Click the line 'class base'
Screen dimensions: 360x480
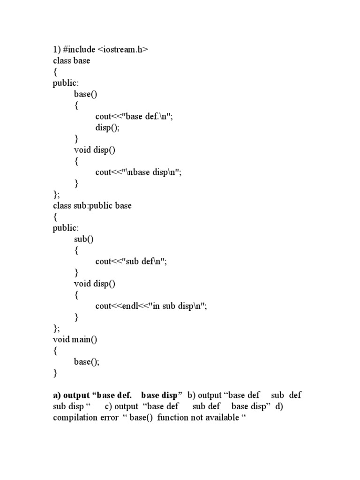pyautogui.click(x=71, y=60)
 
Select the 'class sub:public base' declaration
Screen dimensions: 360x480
pyautogui.click(x=92, y=205)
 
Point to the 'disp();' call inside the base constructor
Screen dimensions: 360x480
pyautogui.click(x=107, y=127)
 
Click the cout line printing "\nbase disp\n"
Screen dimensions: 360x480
pyautogui.click(x=138, y=172)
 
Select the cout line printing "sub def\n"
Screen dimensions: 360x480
pyautogui.click(x=131, y=261)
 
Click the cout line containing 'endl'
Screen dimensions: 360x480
pyautogui.click(x=150, y=306)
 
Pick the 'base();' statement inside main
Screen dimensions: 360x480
pyautogui.click(x=87, y=361)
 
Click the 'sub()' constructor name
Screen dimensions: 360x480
pyautogui.click(x=84, y=239)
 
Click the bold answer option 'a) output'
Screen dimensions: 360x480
pyautogui.click(x=71, y=395)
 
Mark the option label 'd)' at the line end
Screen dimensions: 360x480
pyautogui.click(x=279, y=406)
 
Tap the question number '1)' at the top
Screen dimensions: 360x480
pyautogui.click(x=56, y=49)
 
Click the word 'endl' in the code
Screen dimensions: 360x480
pyautogui.click(x=130, y=306)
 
